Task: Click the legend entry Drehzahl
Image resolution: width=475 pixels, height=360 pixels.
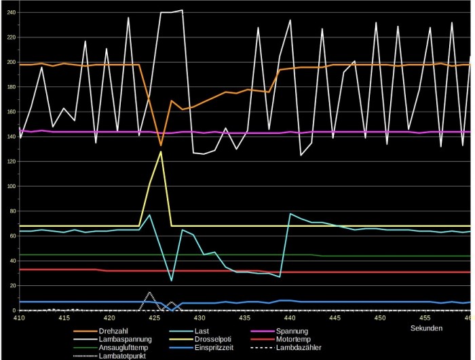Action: [113, 331]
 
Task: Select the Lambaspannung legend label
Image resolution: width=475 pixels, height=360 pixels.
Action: [126, 339]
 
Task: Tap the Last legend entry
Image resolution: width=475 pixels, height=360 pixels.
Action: [202, 331]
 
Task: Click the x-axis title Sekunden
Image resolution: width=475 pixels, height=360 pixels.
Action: [427, 328]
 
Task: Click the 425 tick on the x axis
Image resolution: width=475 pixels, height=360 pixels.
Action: [155, 317]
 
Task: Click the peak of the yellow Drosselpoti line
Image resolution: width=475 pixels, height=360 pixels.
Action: [161, 151]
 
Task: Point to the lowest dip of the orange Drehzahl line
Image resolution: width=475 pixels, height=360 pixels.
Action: [161, 145]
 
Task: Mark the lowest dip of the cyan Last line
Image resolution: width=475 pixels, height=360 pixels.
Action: [171, 281]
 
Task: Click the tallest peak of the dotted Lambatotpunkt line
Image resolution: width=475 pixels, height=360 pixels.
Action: [150, 293]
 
